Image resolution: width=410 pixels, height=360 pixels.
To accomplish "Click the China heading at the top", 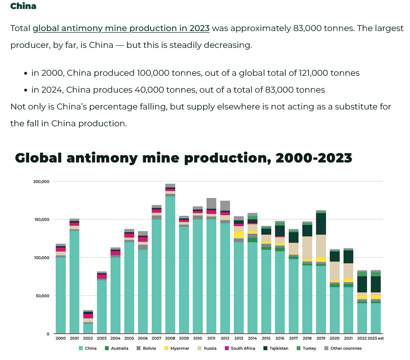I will coord(23,6).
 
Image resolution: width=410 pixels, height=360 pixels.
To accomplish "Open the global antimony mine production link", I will coord(121,28).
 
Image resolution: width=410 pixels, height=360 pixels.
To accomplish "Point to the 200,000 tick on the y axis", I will coord(41,182).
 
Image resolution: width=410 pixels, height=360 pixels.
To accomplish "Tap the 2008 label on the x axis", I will coord(170,338).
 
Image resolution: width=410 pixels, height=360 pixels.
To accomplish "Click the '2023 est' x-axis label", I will coord(375,338).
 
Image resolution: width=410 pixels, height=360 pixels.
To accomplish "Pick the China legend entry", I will coord(89,348).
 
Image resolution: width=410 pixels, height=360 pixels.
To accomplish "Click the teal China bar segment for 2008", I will coord(170,263).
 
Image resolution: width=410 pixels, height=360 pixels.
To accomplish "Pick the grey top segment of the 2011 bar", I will coord(211,203).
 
